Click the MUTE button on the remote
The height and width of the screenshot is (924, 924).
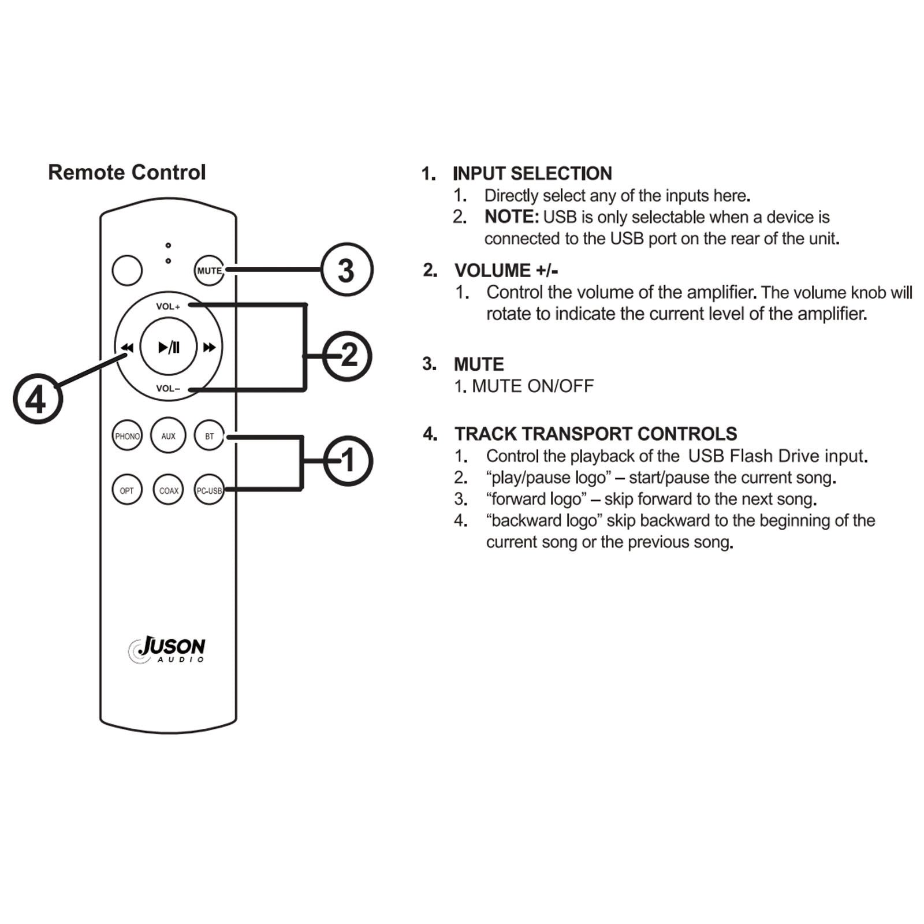(208, 270)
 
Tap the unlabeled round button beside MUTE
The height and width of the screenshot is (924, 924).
(127, 270)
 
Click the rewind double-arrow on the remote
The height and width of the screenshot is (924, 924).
(127, 347)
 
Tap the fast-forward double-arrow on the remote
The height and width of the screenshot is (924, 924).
(209, 347)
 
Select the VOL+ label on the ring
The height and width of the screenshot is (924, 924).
(168, 307)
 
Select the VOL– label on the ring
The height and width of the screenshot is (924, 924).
(168, 389)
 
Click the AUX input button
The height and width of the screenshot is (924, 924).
(168, 436)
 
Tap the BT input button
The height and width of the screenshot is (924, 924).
(209, 436)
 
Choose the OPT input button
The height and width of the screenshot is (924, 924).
(127, 490)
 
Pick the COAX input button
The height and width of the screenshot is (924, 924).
(168, 490)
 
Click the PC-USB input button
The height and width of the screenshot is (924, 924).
(208, 490)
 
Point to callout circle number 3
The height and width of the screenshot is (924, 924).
(346, 270)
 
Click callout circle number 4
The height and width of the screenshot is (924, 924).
(38, 398)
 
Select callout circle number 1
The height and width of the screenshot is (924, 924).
(348, 461)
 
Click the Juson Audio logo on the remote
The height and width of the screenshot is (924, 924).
(167, 649)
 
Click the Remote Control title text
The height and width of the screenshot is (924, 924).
(126, 172)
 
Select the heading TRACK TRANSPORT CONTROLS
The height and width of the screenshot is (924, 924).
(595, 434)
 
